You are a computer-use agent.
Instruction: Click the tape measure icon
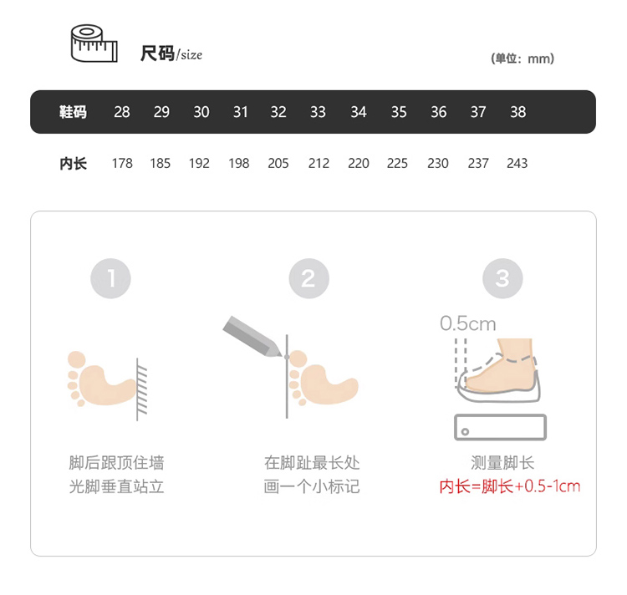pyautogui.click(x=94, y=43)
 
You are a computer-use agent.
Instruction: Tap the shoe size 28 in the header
pyautogui.click(x=121, y=112)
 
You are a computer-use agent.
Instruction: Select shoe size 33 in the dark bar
pyautogui.click(x=318, y=112)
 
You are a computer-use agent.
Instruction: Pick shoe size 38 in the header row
pyautogui.click(x=517, y=112)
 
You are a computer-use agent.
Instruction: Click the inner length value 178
pyautogui.click(x=122, y=164)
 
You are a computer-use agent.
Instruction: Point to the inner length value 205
pyautogui.click(x=278, y=164)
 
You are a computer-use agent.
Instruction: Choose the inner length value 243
pyautogui.click(x=517, y=164)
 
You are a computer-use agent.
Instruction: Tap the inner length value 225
pyautogui.click(x=397, y=164)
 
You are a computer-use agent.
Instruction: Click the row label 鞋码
pyautogui.click(x=73, y=112)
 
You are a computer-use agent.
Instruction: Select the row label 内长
pyautogui.click(x=74, y=164)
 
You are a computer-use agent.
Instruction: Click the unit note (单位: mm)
pyautogui.click(x=522, y=58)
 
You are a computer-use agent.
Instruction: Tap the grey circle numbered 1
pyautogui.click(x=110, y=278)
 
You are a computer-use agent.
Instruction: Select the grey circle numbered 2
pyautogui.click(x=308, y=278)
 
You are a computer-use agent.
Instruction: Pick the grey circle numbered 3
pyautogui.click(x=502, y=278)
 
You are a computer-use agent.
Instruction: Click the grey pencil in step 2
pyautogui.click(x=252, y=337)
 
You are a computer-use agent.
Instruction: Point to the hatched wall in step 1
pyautogui.click(x=141, y=389)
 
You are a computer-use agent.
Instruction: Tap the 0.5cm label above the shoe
pyautogui.click(x=468, y=323)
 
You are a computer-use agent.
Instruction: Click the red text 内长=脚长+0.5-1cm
pyautogui.click(x=510, y=486)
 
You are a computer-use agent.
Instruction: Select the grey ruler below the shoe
pyautogui.click(x=500, y=427)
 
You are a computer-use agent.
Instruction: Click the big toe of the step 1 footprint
pyautogui.click(x=77, y=360)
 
